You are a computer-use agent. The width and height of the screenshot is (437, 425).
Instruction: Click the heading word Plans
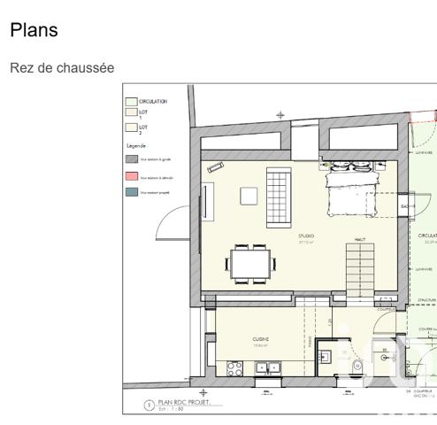tap(34, 30)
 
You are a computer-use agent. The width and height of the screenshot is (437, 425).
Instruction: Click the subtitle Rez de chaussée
tap(61, 68)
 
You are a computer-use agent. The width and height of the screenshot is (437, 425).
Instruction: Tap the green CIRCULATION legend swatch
tap(131, 102)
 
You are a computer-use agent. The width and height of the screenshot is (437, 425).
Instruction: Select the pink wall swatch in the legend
tap(131, 177)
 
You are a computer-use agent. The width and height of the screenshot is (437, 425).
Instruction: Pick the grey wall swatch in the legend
tap(131, 158)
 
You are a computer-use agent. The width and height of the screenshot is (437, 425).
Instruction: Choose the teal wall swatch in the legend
tap(131, 192)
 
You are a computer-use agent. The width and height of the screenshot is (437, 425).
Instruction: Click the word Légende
tap(136, 144)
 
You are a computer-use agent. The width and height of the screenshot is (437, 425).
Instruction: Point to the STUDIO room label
tap(306, 236)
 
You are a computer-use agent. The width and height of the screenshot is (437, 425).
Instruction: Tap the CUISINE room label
tap(260, 339)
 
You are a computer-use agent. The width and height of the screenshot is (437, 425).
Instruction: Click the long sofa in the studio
tap(278, 197)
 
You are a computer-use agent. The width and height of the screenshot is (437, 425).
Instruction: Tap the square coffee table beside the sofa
tap(249, 197)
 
